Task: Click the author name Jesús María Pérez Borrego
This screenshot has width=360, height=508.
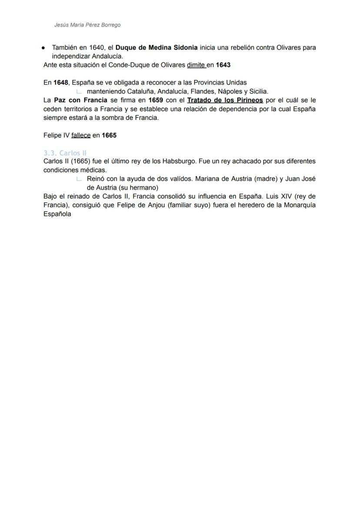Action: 87,25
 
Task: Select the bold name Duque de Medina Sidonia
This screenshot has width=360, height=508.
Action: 157,47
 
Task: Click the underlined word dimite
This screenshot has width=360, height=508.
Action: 196,65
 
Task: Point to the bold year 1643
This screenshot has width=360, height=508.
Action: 223,65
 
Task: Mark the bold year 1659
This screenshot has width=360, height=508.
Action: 156,100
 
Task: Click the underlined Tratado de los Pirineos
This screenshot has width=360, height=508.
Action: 225,100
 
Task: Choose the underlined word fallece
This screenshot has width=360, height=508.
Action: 81,135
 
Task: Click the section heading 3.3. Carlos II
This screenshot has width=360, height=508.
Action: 65,153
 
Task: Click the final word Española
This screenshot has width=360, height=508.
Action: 57,214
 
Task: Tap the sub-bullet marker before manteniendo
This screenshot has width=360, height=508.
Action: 79,92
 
